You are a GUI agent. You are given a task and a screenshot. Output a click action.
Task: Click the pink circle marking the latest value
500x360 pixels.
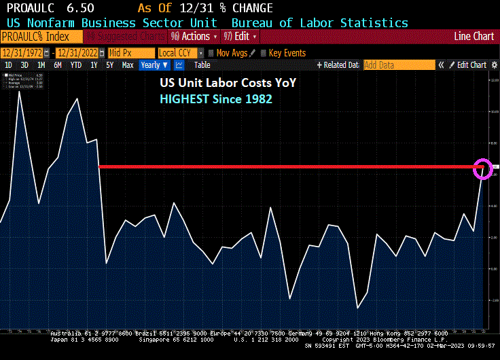pyautogui.click(x=482, y=168)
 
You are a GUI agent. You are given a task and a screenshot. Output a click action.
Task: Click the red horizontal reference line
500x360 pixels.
pyautogui.click(x=285, y=166)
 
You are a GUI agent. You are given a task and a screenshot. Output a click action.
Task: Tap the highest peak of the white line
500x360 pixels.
pyautogui.click(x=19, y=92)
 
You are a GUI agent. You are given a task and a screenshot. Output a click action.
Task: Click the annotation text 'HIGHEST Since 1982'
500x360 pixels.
pyautogui.click(x=216, y=98)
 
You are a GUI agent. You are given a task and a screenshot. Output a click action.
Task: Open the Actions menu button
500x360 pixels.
pyautogui.click(x=194, y=36)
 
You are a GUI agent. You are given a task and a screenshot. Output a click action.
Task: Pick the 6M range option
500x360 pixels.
pyautogui.click(x=58, y=65)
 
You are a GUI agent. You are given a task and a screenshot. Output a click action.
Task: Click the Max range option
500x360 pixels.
pyautogui.click(x=128, y=65)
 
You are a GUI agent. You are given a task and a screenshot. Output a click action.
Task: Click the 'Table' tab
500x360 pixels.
pyautogui.click(x=202, y=65)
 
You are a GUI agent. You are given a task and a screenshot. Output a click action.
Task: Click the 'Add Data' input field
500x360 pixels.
pyautogui.click(x=398, y=65)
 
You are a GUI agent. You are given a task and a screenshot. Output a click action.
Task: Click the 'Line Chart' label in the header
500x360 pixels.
pyautogui.click(x=474, y=36)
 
